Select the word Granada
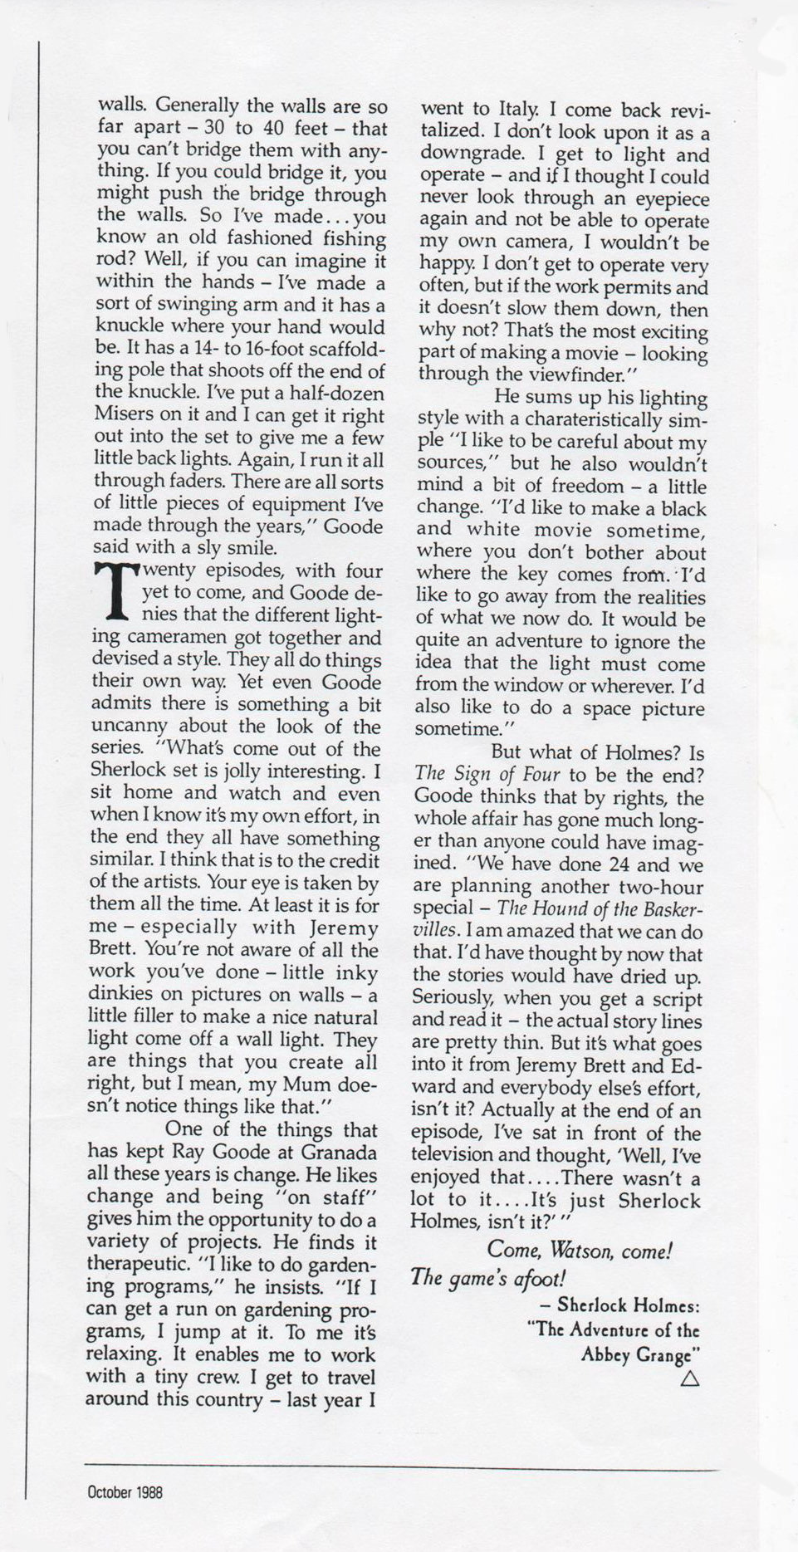(340, 1153)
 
